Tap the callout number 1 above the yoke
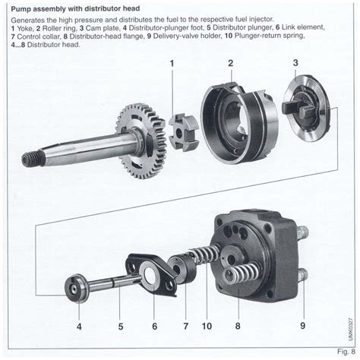[172, 63]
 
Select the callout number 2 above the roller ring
[230, 63]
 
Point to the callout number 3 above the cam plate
[295, 63]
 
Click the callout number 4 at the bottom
[79, 327]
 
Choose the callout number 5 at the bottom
[120, 327]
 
